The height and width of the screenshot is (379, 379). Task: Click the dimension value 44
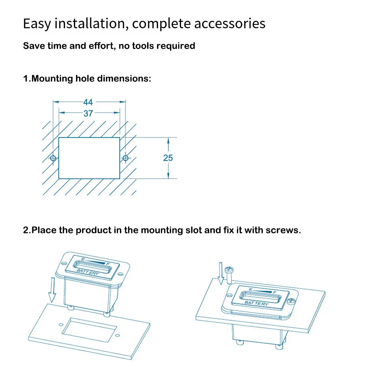coord(88,102)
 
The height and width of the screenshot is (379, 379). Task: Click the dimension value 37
coord(88,113)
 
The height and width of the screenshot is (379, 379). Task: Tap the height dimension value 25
coord(168,158)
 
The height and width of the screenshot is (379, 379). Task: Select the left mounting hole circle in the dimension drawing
coord(53,158)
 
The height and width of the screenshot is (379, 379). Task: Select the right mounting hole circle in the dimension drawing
coord(125,158)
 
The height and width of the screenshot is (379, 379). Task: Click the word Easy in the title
coord(37,24)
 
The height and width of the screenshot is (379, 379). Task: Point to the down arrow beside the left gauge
coord(52,289)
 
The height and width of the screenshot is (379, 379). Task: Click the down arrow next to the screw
coord(221,273)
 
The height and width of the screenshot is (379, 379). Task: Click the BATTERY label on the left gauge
coord(88,273)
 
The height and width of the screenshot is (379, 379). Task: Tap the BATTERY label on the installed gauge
coord(256,304)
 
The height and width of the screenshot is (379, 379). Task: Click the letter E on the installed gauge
coord(251,289)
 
